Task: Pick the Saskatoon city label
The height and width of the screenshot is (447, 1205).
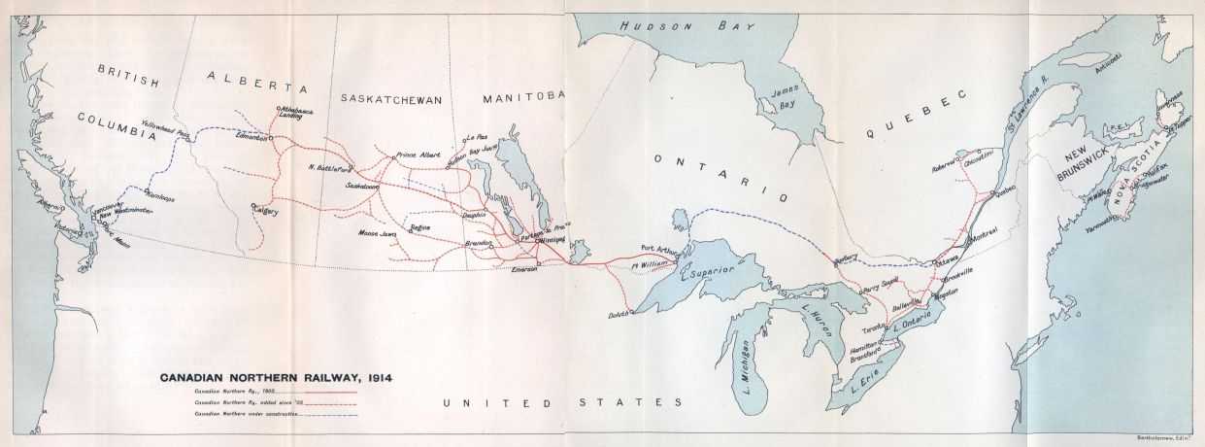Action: coord(363,184)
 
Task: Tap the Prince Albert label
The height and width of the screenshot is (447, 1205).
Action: coord(418,155)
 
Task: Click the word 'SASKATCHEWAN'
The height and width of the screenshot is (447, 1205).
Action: coord(391,99)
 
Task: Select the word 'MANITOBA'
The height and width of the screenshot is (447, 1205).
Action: coord(523,95)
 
